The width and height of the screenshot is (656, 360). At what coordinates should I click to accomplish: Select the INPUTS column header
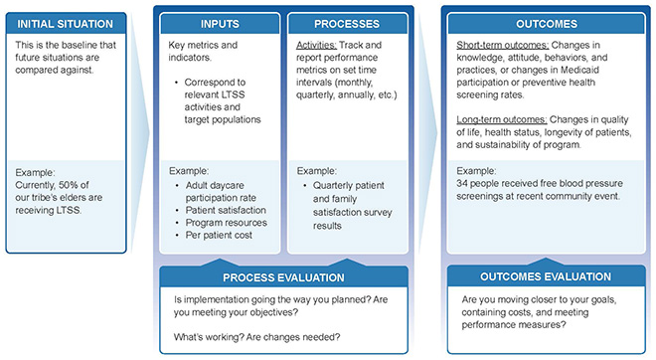[220, 24]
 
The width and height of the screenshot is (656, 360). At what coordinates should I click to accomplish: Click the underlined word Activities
[319, 46]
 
